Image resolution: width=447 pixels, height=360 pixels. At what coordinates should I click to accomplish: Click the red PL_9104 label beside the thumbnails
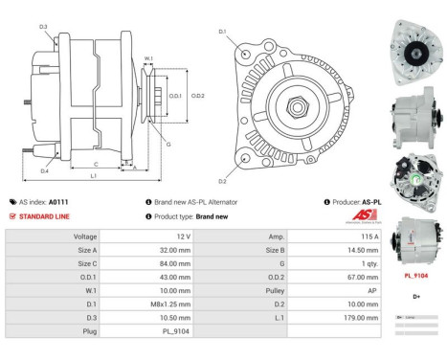click(x=415, y=276)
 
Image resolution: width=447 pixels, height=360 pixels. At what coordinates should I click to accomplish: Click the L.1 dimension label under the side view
click(x=93, y=176)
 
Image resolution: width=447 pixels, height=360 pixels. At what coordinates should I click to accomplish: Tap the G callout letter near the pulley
click(x=168, y=144)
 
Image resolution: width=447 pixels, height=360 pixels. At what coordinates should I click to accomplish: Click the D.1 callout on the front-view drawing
click(x=222, y=32)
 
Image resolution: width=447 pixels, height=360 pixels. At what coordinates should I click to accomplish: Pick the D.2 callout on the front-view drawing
click(x=222, y=180)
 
